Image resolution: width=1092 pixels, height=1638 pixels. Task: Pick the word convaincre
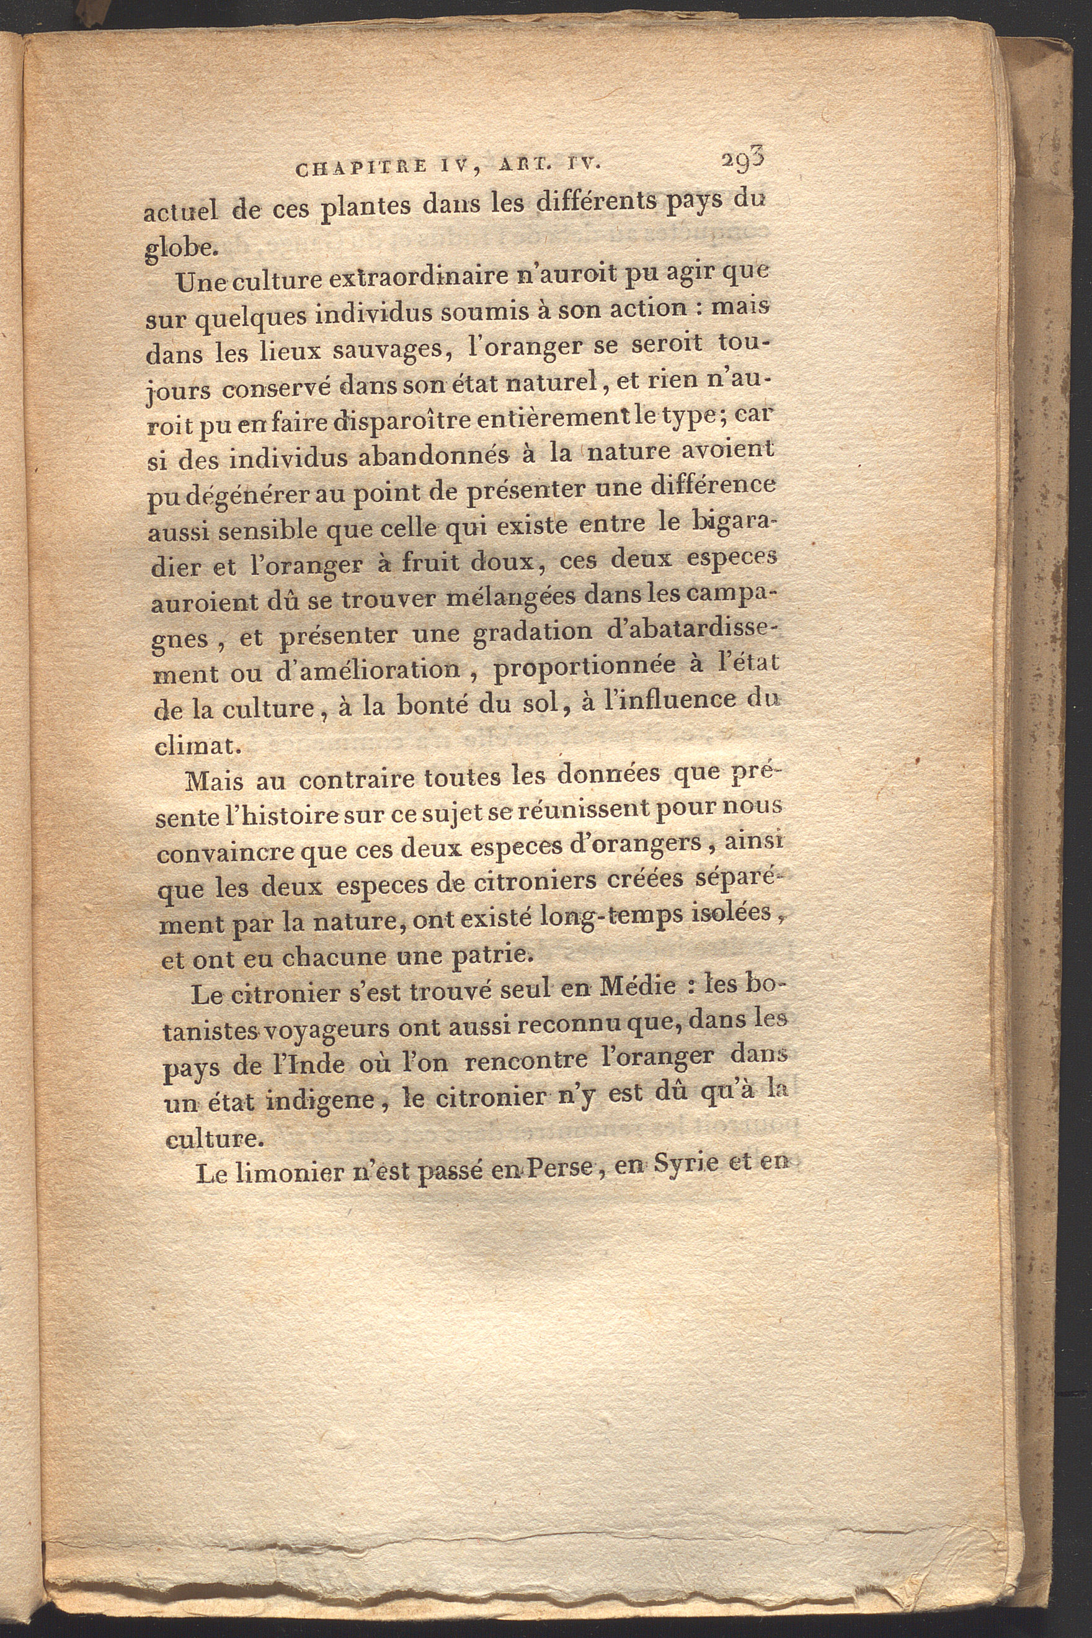(x=228, y=854)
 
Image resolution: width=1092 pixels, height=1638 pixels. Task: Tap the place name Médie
(x=634, y=987)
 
